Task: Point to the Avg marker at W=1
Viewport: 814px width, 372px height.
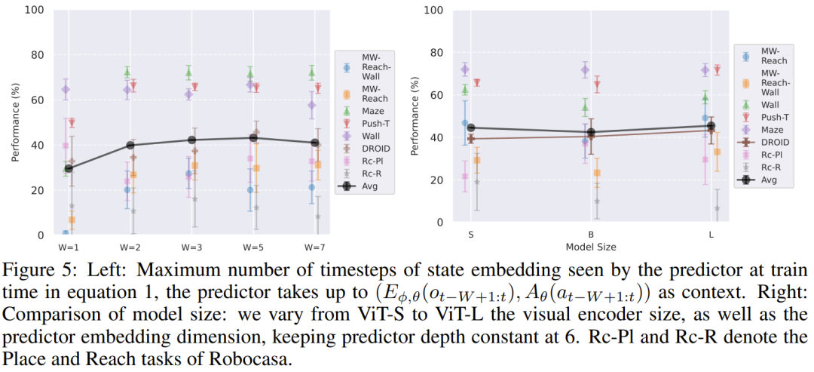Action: tap(69, 168)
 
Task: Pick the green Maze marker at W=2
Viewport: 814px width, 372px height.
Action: tap(127, 72)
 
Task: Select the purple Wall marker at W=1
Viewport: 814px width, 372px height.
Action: tap(66, 89)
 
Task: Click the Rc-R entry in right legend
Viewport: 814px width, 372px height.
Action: tap(770, 167)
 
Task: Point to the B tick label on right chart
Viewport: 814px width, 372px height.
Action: tap(591, 234)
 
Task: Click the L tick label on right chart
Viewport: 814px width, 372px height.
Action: tap(711, 234)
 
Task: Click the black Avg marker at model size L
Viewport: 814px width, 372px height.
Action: tap(711, 126)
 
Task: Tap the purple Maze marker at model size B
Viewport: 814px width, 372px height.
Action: tap(585, 69)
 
